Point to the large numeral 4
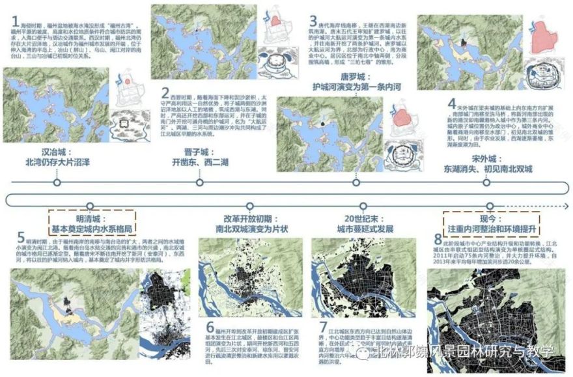point(451,104)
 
